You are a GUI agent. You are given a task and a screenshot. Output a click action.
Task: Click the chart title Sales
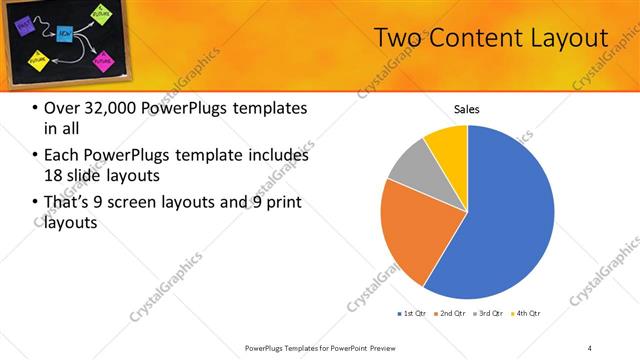(x=467, y=108)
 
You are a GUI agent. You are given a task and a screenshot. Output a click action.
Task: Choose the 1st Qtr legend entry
(x=411, y=313)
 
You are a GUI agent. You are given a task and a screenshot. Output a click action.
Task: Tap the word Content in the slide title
(x=471, y=38)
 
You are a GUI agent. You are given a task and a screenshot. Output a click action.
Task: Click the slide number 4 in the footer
(x=589, y=348)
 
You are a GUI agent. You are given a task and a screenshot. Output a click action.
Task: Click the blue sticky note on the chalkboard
(x=64, y=34)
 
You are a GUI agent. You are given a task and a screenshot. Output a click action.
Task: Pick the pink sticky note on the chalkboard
(x=103, y=60)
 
